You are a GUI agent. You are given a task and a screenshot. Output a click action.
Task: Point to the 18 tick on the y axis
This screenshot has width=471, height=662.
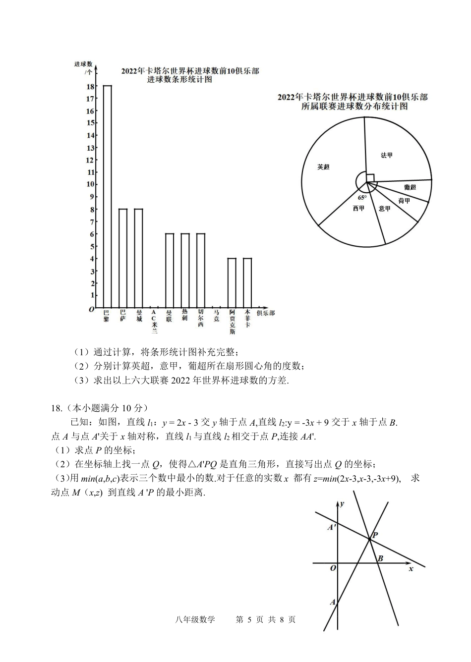click(x=90, y=86)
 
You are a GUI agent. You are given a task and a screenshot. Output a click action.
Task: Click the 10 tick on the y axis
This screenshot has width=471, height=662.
click(x=90, y=184)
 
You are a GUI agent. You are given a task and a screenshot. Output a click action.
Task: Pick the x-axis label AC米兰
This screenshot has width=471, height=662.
click(x=154, y=322)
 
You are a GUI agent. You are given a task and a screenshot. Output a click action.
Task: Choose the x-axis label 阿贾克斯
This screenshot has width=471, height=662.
click(x=232, y=322)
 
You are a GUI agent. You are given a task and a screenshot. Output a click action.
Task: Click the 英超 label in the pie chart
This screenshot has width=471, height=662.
click(x=323, y=167)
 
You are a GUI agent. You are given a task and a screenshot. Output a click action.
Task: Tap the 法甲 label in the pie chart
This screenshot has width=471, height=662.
click(x=387, y=155)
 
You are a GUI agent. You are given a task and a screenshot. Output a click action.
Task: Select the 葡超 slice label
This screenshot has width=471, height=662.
click(x=410, y=187)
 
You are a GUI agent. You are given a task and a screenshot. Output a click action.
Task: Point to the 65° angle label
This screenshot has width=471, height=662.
click(x=362, y=198)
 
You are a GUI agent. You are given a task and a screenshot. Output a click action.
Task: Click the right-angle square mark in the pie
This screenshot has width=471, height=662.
click(x=370, y=177)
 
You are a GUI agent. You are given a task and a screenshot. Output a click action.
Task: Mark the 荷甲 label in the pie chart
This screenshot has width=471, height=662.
click(x=404, y=201)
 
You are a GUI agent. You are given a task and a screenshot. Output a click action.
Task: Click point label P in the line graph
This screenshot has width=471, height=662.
click(x=375, y=536)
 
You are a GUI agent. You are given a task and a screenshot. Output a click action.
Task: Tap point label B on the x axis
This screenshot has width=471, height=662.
click(x=380, y=559)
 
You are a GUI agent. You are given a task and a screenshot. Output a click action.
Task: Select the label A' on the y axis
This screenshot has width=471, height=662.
click(x=332, y=527)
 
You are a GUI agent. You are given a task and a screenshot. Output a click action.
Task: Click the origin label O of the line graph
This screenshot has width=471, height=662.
click(x=333, y=568)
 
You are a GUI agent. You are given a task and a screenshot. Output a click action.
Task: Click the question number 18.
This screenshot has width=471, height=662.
click(x=56, y=408)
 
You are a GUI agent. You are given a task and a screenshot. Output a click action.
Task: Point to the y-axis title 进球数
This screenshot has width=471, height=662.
click(x=83, y=64)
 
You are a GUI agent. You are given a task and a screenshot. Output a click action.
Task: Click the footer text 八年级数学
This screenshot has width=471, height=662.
click(x=195, y=619)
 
